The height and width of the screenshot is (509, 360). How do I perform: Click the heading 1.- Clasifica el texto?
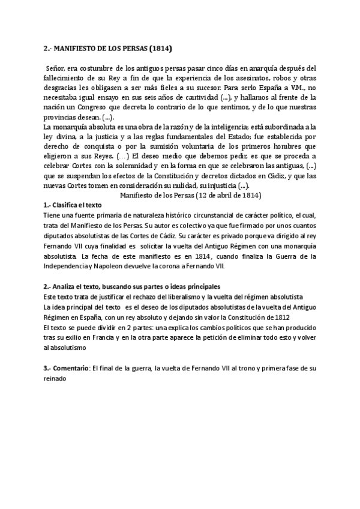point(73,205)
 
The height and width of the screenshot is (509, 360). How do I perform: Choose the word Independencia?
point(71,265)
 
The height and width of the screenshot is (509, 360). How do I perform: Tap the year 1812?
point(282,317)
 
